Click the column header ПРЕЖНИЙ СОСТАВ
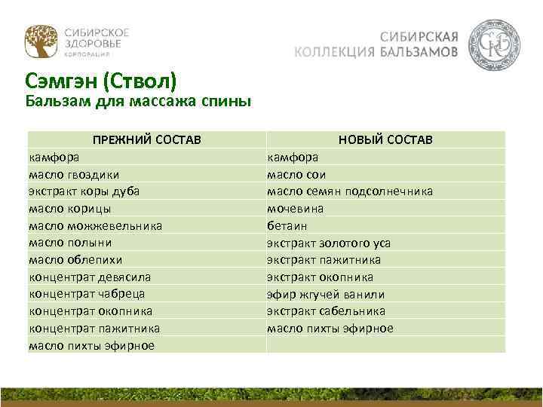coord(147,140)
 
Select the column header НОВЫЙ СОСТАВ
coord(385,140)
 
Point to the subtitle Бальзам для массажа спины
coord(138,101)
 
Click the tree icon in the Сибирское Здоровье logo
coord(40,42)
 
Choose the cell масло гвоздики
coord(73,174)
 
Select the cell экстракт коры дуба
coord(84,191)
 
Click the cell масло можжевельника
coord(95,225)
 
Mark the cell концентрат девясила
coord(90,277)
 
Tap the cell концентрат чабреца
coord(87,294)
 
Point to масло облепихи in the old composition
coord(75,259)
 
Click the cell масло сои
coord(295,174)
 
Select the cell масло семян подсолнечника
coord(350,191)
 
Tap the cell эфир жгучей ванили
coord(326,294)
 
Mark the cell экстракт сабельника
coord(326,311)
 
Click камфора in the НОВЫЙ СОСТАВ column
coord(293,158)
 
